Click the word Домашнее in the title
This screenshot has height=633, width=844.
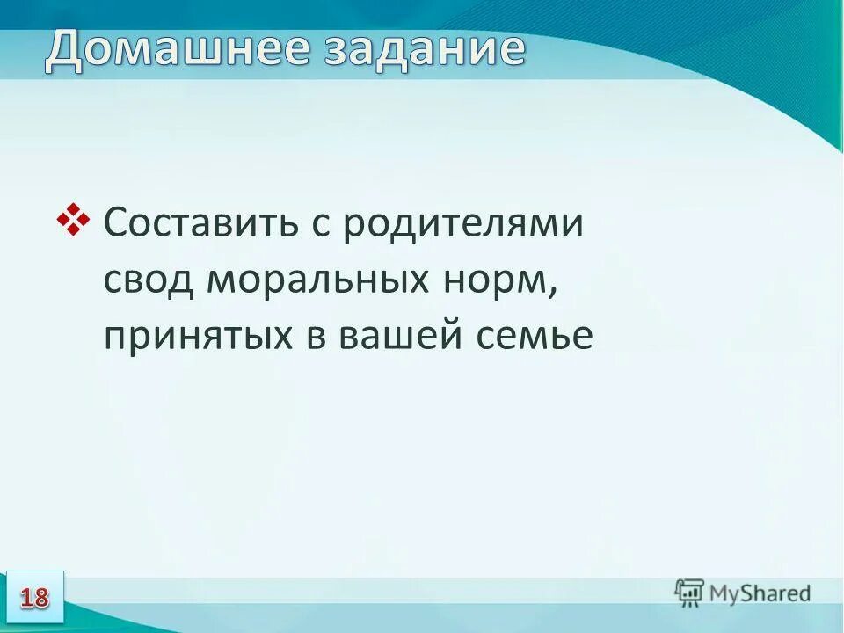pos(176,49)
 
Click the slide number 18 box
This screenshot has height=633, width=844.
pos(34,597)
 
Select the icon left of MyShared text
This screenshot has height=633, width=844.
pos(689,593)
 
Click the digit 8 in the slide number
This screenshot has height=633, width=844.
pos(41,598)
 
